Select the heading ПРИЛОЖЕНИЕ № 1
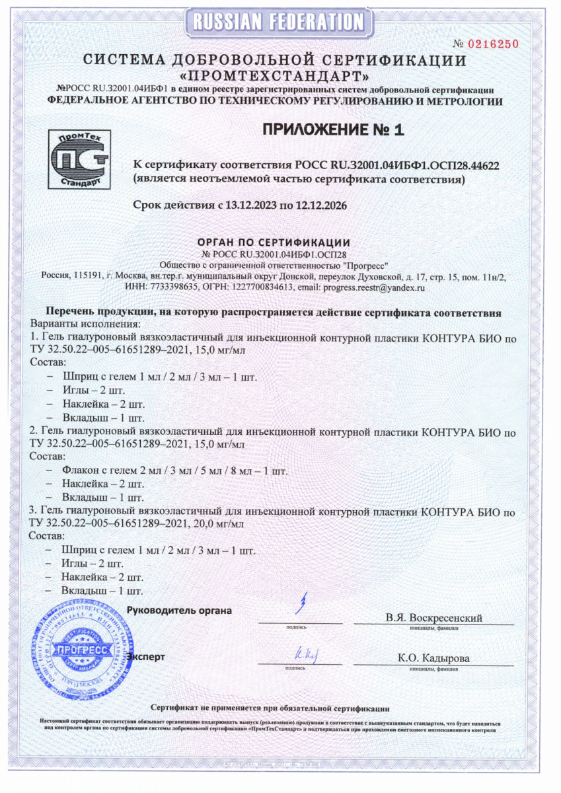(x=332, y=130)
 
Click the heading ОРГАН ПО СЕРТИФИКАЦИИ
(x=274, y=242)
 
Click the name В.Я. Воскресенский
(x=433, y=618)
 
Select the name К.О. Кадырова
(x=433, y=658)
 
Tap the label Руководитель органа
(x=179, y=610)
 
